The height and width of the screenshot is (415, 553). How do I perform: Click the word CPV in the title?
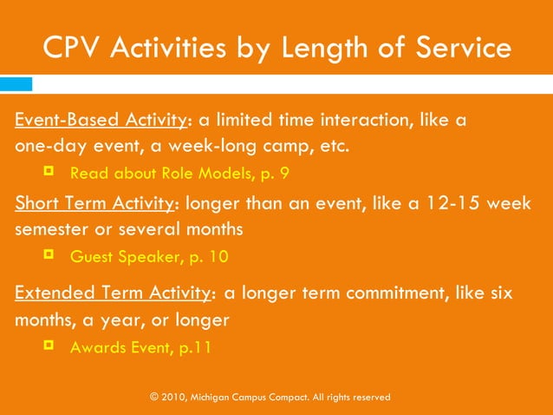click(72, 48)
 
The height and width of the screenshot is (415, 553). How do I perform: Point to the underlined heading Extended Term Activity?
click(112, 293)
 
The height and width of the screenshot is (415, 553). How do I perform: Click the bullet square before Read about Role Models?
click(49, 171)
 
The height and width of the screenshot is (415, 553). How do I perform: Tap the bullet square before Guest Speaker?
click(49, 255)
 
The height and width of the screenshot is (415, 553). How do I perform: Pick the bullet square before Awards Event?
click(49, 346)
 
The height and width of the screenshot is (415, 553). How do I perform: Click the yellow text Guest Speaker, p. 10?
click(149, 257)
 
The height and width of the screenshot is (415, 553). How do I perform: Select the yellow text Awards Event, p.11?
click(140, 347)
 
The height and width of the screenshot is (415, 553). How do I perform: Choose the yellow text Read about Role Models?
click(165, 173)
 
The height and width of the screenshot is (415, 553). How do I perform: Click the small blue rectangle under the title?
click(16, 83)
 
